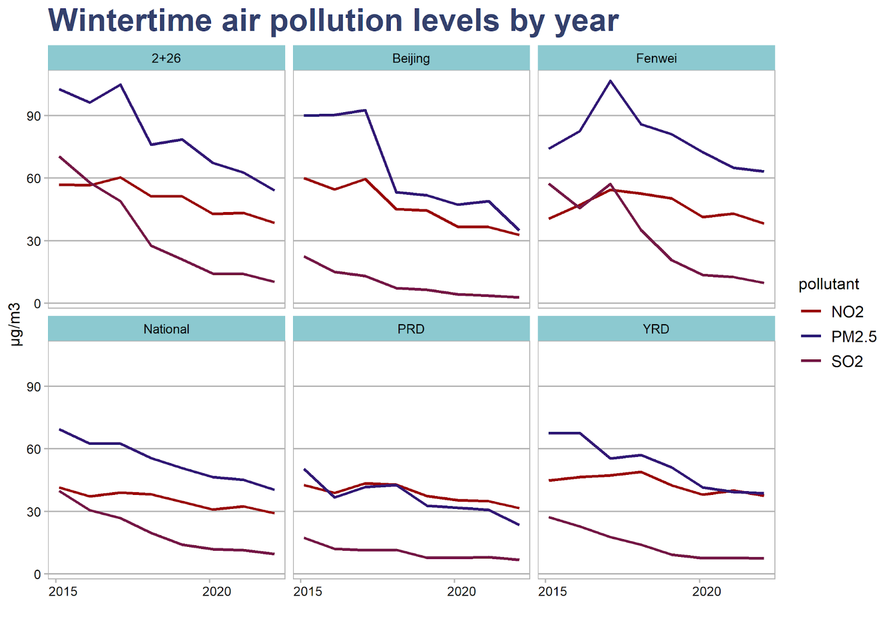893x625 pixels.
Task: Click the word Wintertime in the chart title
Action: coord(130,21)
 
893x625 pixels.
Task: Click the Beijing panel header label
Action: coord(411,58)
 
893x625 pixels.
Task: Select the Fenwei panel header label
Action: coord(656,58)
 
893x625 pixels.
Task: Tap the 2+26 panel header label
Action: coord(166,58)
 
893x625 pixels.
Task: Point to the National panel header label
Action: coord(166,329)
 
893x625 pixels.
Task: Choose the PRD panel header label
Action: coord(411,329)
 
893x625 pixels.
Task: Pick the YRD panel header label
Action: coord(656,329)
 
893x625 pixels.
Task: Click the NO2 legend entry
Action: coord(847,311)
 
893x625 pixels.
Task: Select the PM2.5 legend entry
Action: coord(853,336)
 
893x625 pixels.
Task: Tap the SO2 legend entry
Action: coord(847,362)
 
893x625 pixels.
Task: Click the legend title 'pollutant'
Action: coord(828,284)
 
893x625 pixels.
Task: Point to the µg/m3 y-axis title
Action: coord(15,324)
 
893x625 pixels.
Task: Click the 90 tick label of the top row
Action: coord(34,116)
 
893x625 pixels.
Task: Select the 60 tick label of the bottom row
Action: coord(34,449)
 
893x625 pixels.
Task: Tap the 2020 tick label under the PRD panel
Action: coord(461,592)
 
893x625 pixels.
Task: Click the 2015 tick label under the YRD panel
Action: coord(552,592)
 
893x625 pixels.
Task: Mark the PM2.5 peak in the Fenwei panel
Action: coord(611,81)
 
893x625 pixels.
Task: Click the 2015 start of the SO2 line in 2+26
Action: coord(60,157)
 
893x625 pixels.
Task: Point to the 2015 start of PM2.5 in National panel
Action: coord(60,430)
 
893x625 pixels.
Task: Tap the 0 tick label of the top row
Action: coord(37,304)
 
